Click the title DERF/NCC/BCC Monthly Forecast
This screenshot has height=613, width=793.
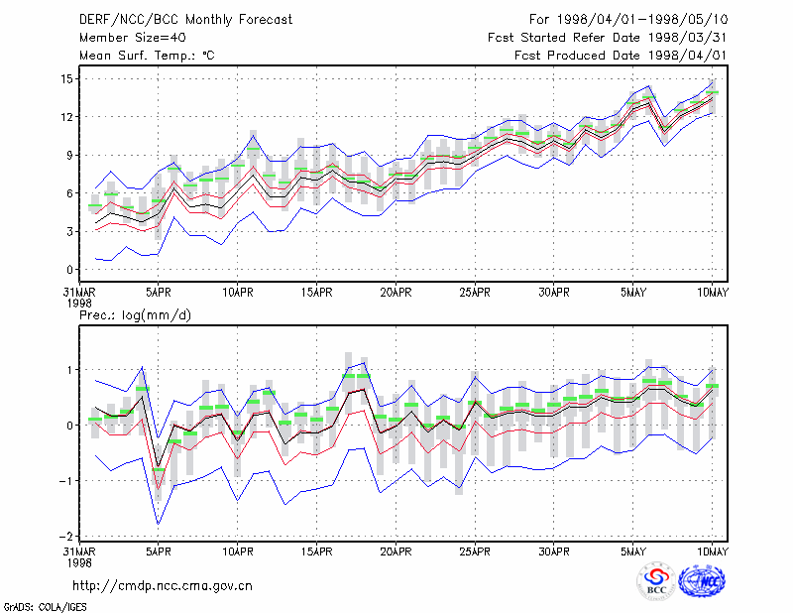[185, 20]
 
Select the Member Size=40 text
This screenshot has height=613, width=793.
[133, 38]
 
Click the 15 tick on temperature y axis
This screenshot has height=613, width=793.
[66, 79]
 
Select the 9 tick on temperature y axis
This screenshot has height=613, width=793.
[69, 156]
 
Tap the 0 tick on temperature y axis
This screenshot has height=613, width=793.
[69, 270]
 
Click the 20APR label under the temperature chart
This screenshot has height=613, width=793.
[396, 293]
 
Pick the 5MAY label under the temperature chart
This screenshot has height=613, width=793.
[633, 293]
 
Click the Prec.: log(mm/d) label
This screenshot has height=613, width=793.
[135, 315]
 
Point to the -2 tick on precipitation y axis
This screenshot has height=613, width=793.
[66, 536]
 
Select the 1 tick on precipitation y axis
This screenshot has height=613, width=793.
[70, 370]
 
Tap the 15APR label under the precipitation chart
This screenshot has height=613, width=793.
[316, 552]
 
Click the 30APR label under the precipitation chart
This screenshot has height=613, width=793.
[554, 552]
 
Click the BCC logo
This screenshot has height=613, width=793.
[656, 581]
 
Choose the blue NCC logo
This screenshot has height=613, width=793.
[702, 581]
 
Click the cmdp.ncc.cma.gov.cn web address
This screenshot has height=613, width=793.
[163, 586]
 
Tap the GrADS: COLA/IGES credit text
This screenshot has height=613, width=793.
[45, 607]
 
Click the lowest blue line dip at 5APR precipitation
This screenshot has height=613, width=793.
[159, 524]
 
